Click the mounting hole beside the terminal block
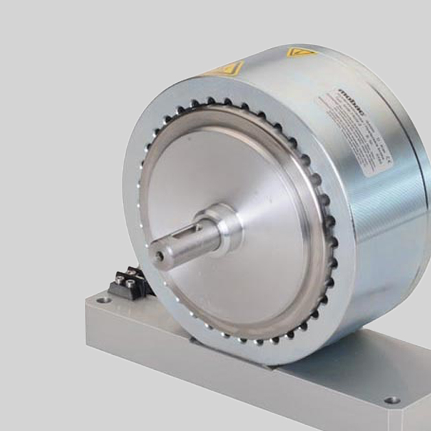coord(103,300)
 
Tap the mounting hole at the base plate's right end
coord(392,400)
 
